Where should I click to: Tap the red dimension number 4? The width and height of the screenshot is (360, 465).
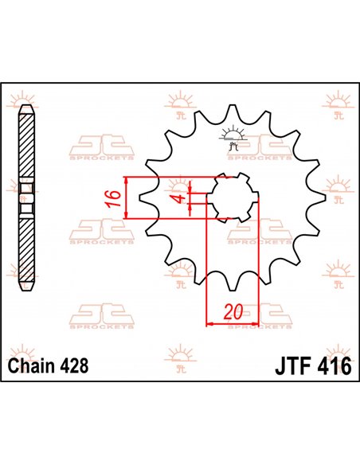(x=181, y=197)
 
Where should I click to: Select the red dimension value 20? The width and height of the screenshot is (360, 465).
(x=232, y=311)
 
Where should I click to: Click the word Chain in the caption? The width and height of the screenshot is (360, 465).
(x=31, y=367)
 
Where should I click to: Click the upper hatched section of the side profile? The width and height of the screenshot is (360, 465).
(x=28, y=143)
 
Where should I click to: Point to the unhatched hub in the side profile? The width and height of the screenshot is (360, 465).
(x=28, y=198)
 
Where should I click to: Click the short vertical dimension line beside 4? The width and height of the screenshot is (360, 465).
(x=192, y=197)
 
